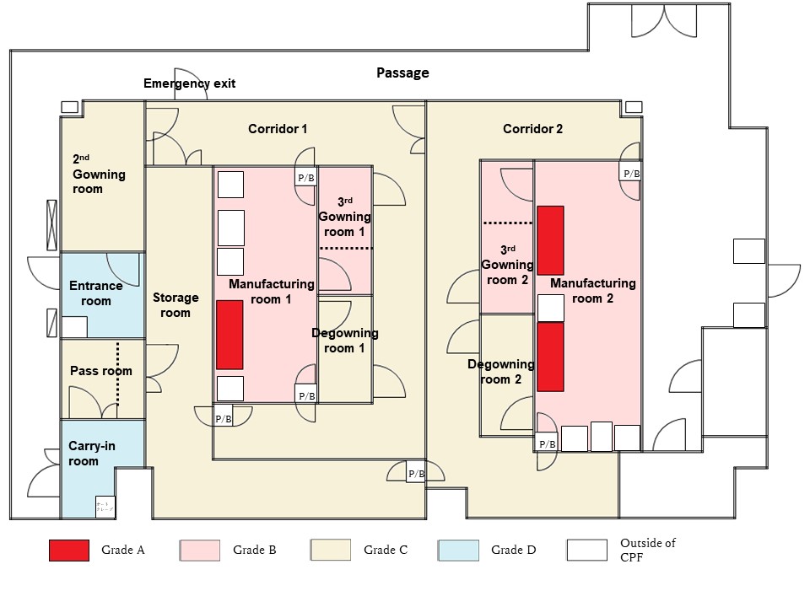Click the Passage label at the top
click(x=402, y=73)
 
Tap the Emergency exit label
click(x=189, y=83)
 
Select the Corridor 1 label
click(x=278, y=129)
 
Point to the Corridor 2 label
click(x=532, y=129)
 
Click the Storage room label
click(x=175, y=305)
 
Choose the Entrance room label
click(x=95, y=293)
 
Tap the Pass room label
click(x=100, y=371)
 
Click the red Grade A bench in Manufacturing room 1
click(x=229, y=335)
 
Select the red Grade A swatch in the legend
click(x=68, y=551)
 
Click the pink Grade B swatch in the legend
click(x=199, y=551)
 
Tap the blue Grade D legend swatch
click(x=458, y=551)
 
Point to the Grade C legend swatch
click(x=330, y=551)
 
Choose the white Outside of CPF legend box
click(x=586, y=551)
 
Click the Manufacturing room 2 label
click(x=592, y=291)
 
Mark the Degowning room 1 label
click(x=344, y=340)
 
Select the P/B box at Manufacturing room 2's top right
click(x=631, y=174)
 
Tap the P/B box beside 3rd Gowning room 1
click(x=305, y=178)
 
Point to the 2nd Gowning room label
click(x=98, y=174)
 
